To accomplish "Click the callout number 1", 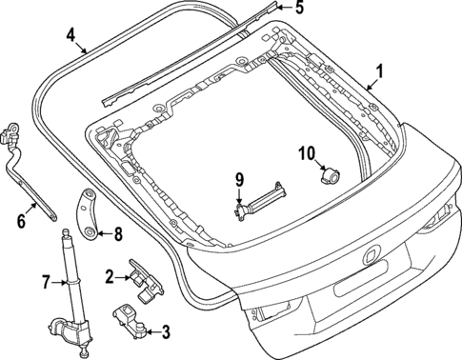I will tap(379, 70).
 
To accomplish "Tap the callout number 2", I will tap(110, 276).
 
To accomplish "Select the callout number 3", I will tap(165, 331).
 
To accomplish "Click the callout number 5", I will tap(297, 9).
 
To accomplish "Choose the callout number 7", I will tap(44, 282).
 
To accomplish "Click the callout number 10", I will tap(307, 152).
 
